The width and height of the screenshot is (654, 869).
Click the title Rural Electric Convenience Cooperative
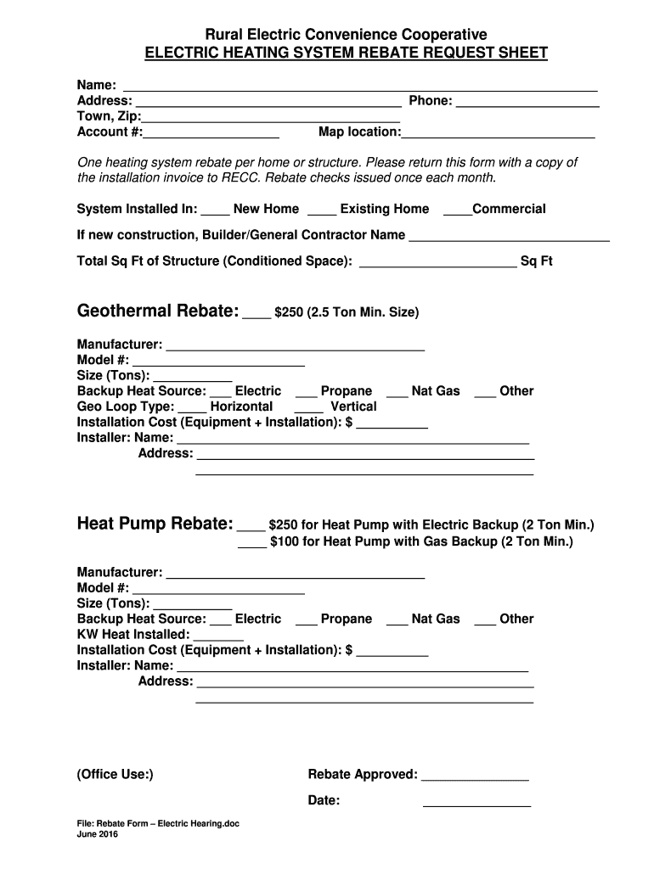[347, 35]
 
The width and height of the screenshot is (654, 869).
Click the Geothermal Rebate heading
[158, 311]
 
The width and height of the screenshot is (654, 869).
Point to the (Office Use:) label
[116, 774]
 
